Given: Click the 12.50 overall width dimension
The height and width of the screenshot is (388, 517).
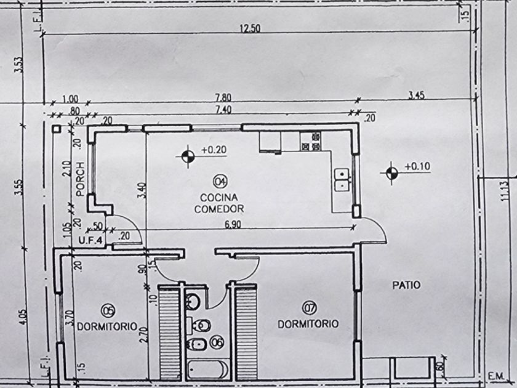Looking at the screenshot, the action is click(x=250, y=28).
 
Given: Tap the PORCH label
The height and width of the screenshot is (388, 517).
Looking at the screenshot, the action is click(x=80, y=179).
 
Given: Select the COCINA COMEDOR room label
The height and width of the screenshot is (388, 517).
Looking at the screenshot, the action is click(x=219, y=203).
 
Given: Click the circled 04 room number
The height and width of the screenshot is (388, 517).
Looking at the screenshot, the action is click(x=220, y=181).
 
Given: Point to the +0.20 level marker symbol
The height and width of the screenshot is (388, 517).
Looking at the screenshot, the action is click(x=188, y=156).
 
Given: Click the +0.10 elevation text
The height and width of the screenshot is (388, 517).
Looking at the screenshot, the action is click(x=417, y=166).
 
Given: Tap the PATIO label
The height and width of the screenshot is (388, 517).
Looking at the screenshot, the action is click(x=406, y=285).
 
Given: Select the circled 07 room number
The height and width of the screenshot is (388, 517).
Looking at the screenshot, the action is click(x=309, y=308).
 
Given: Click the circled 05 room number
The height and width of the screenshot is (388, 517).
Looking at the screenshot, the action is click(x=108, y=310).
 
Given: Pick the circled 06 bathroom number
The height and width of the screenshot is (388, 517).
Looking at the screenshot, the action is click(x=217, y=342).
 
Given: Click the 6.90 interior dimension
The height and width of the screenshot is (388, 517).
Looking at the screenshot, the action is click(x=233, y=224).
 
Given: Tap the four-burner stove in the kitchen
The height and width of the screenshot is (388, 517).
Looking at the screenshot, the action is click(x=310, y=141).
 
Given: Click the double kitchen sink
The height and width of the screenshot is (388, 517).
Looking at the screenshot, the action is click(x=342, y=180).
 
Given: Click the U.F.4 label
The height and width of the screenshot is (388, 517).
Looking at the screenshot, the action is click(x=90, y=241).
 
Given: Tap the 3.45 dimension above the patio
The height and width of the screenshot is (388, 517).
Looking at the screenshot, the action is click(x=417, y=95).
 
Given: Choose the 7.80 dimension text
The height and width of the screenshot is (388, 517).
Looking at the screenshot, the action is click(x=223, y=98).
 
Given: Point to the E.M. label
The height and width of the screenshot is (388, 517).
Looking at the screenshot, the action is click(x=496, y=376).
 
